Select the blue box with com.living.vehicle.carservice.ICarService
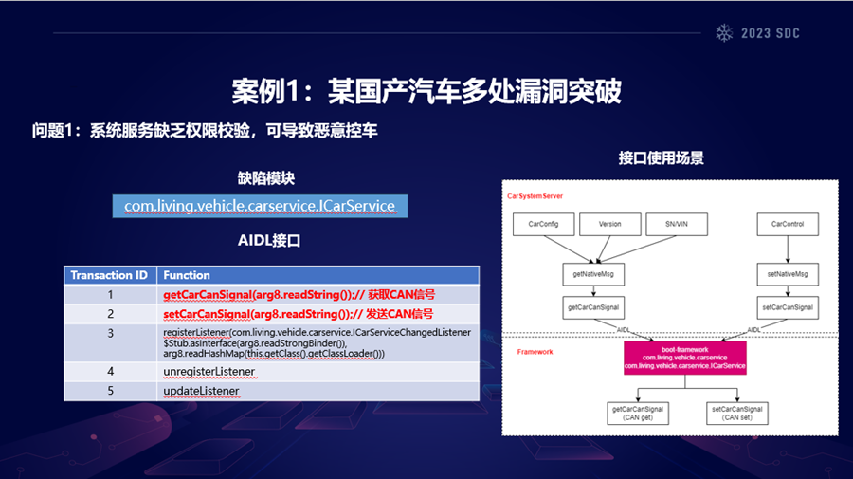click(x=259, y=206)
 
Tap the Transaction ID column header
click(x=109, y=275)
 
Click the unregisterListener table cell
click(x=209, y=371)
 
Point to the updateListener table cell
click(x=201, y=390)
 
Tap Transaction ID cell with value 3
click(x=110, y=334)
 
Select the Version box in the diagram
click(x=609, y=225)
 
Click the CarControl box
click(x=788, y=225)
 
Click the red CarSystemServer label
click(x=535, y=196)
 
